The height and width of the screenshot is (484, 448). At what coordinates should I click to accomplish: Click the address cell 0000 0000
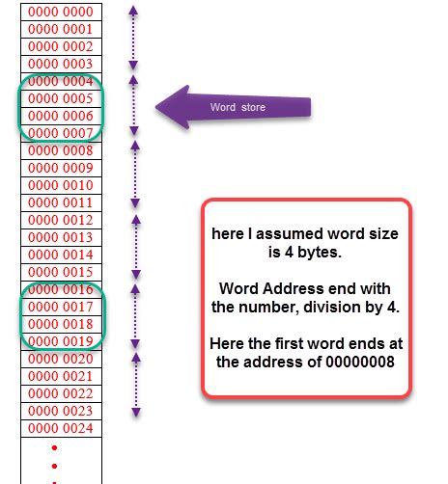coord(61,11)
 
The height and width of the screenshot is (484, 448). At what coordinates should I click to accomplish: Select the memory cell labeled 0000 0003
coord(61,64)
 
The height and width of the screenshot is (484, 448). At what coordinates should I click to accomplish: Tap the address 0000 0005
coord(61,98)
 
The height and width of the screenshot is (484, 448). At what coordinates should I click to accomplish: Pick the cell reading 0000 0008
coord(61,150)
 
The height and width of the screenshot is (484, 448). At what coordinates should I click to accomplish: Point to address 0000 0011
coord(61,202)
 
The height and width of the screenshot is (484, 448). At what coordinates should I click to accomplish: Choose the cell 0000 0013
coord(61,237)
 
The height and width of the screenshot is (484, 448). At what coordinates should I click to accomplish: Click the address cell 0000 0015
coord(61,272)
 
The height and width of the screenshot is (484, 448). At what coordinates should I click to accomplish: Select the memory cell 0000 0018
coord(61,324)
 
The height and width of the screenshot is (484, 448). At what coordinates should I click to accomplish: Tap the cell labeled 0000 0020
coord(61,359)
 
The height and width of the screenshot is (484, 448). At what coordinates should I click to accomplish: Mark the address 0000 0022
coord(61,393)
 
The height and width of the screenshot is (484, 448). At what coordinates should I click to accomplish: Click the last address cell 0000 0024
coord(61,428)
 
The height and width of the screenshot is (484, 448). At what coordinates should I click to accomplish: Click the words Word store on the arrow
coord(238,107)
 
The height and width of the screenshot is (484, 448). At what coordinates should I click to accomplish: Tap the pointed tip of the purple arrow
coord(158,106)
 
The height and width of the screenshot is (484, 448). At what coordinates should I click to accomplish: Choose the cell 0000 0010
coord(61,185)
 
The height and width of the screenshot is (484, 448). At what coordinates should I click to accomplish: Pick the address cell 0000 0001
coord(61,29)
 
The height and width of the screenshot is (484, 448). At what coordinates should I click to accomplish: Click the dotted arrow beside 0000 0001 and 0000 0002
coord(134,39)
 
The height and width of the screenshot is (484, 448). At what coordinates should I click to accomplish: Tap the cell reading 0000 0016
coord(61,289)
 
